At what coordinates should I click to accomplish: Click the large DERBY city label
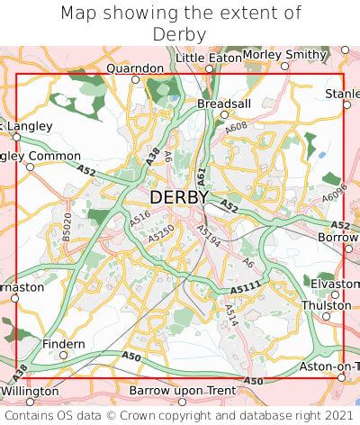179,196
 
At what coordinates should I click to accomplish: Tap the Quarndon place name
135,68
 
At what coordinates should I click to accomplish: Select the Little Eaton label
208,57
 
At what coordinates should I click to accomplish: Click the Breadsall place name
224,104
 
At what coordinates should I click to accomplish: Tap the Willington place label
30,392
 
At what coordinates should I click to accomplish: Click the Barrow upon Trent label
183,391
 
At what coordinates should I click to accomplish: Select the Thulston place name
327,305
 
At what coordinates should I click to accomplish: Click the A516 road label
139,217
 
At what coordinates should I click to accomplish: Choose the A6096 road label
334,192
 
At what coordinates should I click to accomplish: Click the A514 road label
231,314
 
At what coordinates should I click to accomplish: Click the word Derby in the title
180,34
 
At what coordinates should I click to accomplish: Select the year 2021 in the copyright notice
334,416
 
